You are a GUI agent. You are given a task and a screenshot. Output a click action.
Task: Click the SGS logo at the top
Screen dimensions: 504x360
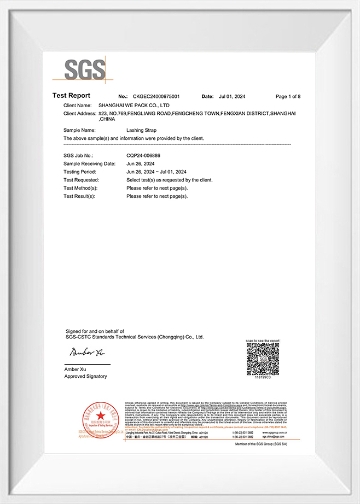pyautogui.click(x=85, y=69)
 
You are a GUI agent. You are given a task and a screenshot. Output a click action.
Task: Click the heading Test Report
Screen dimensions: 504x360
pyautogui.click(x=71, y=96)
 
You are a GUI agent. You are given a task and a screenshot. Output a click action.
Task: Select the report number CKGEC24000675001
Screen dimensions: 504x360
pyautogui.click(x=156, y=97)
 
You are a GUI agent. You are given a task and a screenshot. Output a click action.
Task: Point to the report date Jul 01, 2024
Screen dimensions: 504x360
pyautogui.click(x=232, y=97)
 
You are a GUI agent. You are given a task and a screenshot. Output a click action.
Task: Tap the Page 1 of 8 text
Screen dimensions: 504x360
pyautogui.click(x=288, y=97)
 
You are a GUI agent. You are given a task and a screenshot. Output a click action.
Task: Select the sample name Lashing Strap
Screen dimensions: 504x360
pyautogui.click(x=141, y=131)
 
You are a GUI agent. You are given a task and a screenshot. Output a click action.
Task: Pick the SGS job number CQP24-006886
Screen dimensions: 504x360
pyautogui.click(x=143, y=156)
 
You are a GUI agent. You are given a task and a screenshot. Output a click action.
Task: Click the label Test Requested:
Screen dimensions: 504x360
pyautogui.click(x=81, y=180)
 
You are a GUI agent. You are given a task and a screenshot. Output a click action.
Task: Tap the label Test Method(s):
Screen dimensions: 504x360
pyautogui.click(x=81, y=188)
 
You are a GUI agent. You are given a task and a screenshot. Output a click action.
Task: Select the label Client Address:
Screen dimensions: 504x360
pyautogui.click(x=80, y=113)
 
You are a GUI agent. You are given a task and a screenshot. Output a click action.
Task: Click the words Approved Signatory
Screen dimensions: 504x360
pyautogui.click(x=86, y=376)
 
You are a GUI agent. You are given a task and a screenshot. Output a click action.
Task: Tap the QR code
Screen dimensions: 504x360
pyautogui.click(x=263, y=358)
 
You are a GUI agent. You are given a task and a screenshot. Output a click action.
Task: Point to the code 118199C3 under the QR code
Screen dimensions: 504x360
pyautogui.click(x=263, y=377)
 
